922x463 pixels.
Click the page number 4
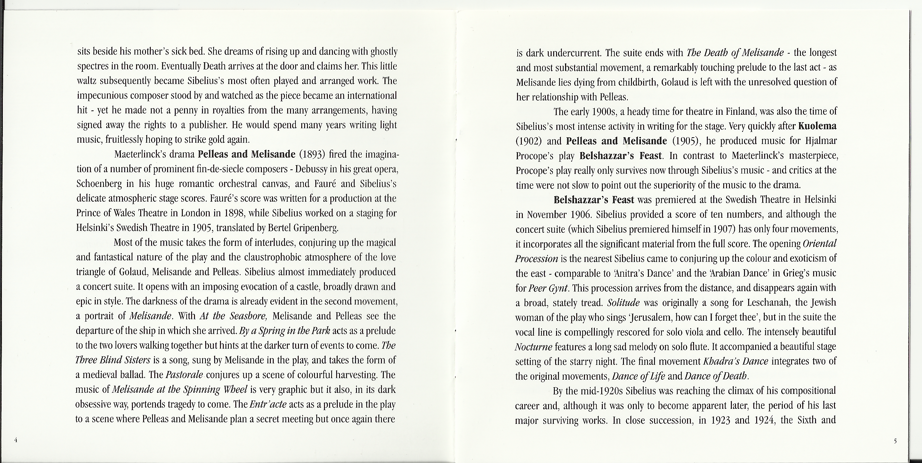(x=16, y=440)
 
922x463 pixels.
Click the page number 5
(x=895, y=441)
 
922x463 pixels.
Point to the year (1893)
(x=311, y=155)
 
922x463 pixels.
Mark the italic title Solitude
(x=623, y=303)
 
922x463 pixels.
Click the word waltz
(x=86, y=81)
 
